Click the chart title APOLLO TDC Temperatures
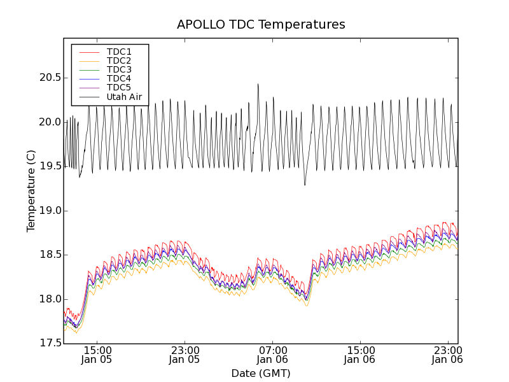coord(261,25)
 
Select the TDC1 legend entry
coord(119,52)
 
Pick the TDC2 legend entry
coord(119,60)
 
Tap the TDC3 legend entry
coord(119,69)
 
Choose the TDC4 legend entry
coord(119,78)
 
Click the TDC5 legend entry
coord(119,87)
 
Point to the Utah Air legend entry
coord(123,97)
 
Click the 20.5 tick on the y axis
coord(50,78)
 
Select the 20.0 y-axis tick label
coord(50,122)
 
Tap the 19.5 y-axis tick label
coord(50,166)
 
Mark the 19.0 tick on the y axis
coord(50,211)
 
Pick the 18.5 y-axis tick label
coord(50,255)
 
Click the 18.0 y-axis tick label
coord(50,299)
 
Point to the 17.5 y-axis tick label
coord(50,343)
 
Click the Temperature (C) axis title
coord(31,191)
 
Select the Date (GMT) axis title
coord(261,373)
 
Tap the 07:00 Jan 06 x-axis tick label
coord(272,355)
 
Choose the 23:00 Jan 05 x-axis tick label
coord(185,355)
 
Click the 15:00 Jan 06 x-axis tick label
coord(360,355)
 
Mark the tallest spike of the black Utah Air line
coord(258,84)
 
